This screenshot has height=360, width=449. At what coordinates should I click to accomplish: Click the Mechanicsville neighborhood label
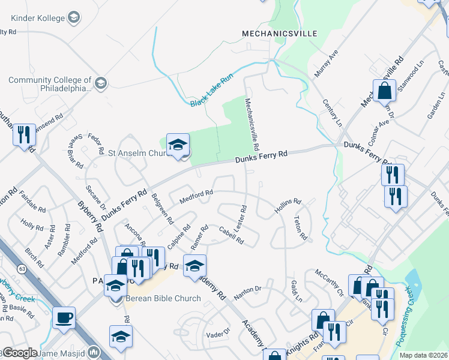click(x=279, y=34)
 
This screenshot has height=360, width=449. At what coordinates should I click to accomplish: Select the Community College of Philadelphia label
click(x=49, y=84)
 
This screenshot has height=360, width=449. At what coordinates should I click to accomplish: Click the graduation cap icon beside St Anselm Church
click(x=178, y=145)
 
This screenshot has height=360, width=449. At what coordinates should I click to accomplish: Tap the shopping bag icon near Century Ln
click(x=384, y=91)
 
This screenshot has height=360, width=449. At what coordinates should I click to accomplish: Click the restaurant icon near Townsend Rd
click(x=24, y=135)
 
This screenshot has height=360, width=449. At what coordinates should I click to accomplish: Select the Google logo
click(x=20, y=353)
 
